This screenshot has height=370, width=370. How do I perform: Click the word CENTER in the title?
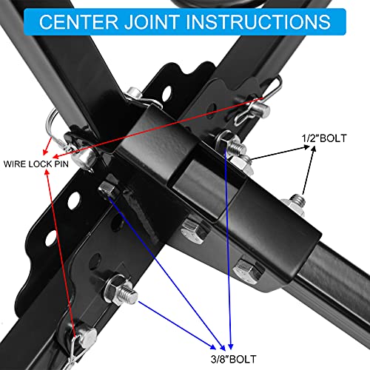click(71, 21)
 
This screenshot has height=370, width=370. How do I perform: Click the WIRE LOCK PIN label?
click(36, 161)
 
